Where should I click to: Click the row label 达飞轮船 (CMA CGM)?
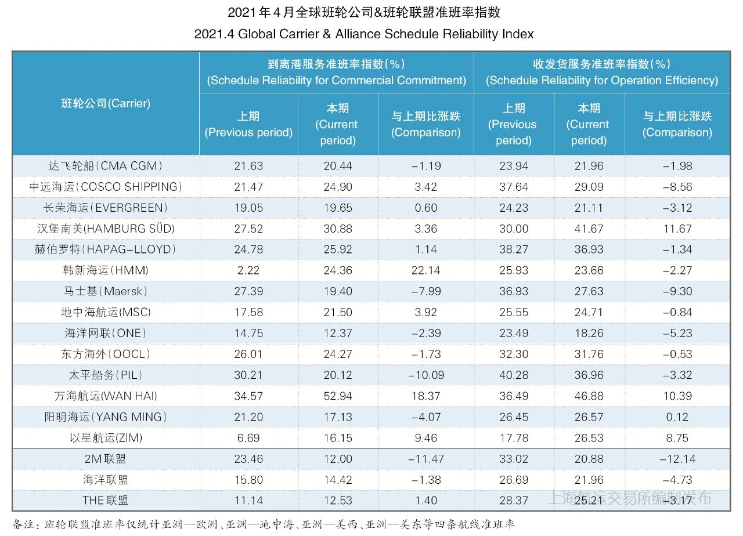click(x=105, y=166)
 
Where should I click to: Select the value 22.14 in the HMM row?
click(x=425, y=270)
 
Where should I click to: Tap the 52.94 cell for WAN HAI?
click(x=338, y=396)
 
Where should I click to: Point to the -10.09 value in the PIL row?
click(x=425, y=375)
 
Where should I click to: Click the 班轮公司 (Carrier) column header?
click(x=106, y=103)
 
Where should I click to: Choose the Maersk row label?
click(x=105, y=291)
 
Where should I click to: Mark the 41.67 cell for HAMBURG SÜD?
click(x=589, y=229)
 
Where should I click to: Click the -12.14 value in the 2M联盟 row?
click(x=677, y=459)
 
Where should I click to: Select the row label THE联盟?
click(x=105, y=501)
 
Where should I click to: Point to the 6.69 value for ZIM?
click(x=248, y=438)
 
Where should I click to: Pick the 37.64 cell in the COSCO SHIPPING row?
click(x=514, y=187)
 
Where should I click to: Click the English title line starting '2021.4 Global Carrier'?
click(x=364, y=34)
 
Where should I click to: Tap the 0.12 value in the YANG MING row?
click(x=677, y=417)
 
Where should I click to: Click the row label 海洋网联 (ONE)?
click(x=105, y=334)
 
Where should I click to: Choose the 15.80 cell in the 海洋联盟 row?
click(x=248, y=480)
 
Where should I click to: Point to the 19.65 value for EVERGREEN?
click(x=338, y=208)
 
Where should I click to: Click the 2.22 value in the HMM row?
click(x=248, y=270)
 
